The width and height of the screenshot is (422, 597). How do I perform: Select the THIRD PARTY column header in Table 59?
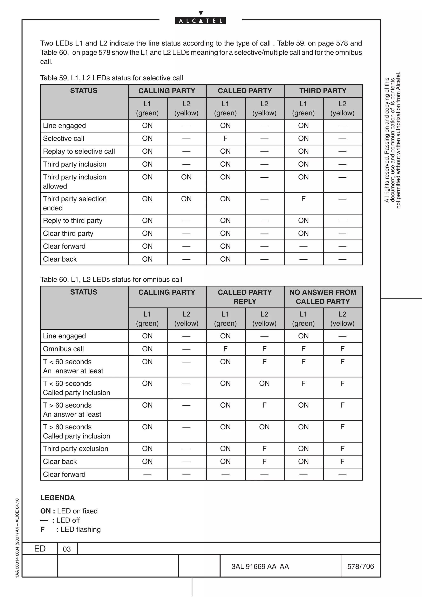click(323, 91)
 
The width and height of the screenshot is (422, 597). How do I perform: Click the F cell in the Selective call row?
click(225, 138)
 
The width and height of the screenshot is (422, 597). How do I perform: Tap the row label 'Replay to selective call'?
click(79, 151)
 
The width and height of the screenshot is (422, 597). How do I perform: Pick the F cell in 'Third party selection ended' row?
click(303, 199)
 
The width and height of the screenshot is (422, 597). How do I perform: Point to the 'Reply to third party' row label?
click(73, 220)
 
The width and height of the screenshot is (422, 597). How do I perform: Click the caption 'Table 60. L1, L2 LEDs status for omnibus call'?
click(111, 279)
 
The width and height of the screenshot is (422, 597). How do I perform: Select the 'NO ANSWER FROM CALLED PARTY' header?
click(323, 297)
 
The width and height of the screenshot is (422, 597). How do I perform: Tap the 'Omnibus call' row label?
click(63, 349)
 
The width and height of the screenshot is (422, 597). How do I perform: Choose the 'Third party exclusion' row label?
click(75, 448)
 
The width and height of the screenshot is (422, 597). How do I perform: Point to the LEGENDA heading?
click(57, 498)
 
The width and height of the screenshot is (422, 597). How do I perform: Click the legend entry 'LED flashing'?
click(80, 529)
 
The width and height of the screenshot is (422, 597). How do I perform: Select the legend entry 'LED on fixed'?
click(77, 511)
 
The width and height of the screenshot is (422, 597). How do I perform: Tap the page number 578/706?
click(360, 566)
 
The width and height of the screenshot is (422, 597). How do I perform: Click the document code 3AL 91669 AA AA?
click(260, 567)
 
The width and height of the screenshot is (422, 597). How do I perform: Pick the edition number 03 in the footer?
click(67, 549)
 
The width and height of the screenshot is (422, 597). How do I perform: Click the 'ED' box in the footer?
click(40, 549)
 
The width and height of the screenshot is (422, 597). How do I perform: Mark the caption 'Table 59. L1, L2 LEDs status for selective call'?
click(111, 78)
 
